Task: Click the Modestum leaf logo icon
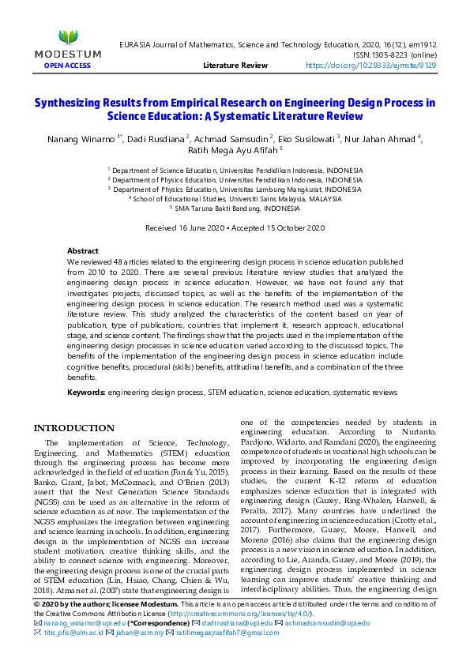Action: (x=69, y=36)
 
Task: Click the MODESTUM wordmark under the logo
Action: (x=68, y=54)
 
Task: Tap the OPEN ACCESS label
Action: (x=68, y=65)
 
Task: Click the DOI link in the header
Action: (x=370, y=66)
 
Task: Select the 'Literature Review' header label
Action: (x=235, y=66)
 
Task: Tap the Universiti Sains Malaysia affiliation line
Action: (x=235, y=199)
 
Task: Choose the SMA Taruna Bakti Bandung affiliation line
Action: (x=235, y=209)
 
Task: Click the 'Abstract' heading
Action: (x=83, y=250)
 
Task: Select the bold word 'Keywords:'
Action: (x=86, y=392)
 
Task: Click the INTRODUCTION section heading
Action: (x=73, y=428)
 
